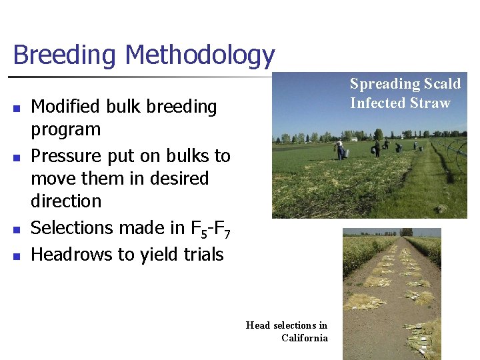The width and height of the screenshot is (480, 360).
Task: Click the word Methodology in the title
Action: click(199, 55)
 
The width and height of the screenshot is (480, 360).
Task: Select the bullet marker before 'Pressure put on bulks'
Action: click(17, 157)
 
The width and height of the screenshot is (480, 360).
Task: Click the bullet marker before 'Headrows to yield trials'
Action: click(17, 255)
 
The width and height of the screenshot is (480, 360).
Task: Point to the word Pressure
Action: click(67, 156)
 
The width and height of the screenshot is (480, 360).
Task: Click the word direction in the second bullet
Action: click(66, 201)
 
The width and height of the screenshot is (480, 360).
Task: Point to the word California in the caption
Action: click(305, 338)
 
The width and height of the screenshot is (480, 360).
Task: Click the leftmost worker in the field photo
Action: click(340, 149)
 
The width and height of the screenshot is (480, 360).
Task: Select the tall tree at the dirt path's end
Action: click(406, 232)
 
